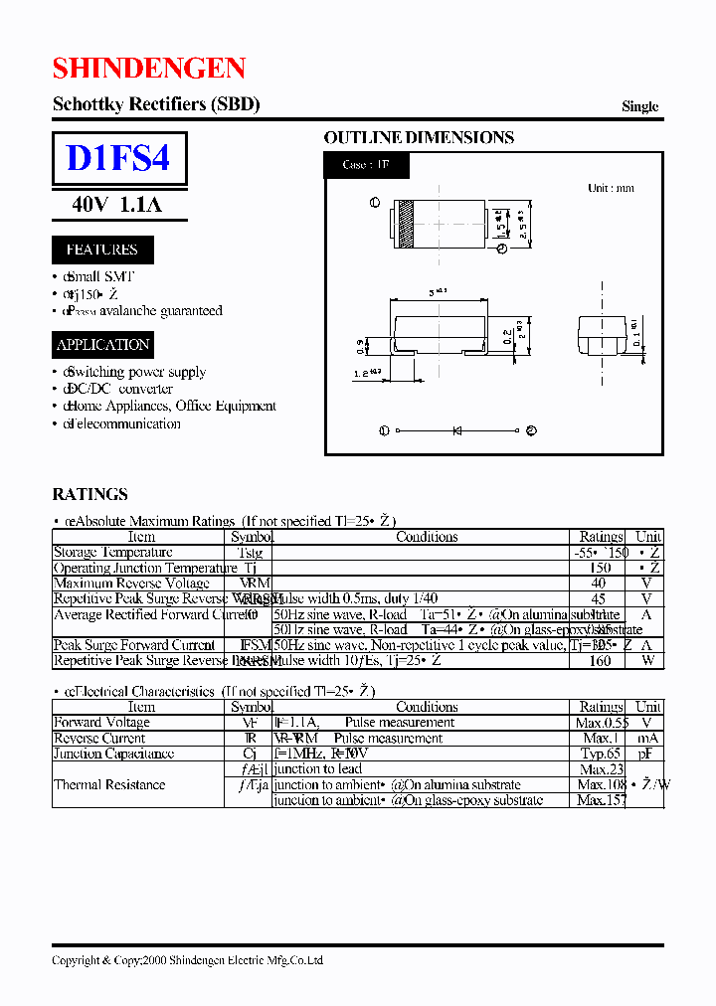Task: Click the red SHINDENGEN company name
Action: tap(148, 68)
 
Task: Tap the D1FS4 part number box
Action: tap(118, 159)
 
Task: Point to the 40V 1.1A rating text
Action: tap(116, 205)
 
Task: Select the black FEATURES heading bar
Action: tap(101, 250)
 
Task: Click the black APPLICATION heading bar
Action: tap(103, 345)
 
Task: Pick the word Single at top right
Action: tap(639, 106)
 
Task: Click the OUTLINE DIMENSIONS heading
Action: tap(419, 138)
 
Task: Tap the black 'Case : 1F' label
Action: tap(366, 165)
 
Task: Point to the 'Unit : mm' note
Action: tap(611, 188)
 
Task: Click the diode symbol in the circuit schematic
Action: tap(457, 430)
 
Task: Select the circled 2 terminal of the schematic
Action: tap(531, 430)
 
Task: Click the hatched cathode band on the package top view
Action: tap(405, 225)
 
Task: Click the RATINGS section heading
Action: tap(89, 494)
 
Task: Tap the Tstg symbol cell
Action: tap(251, 552)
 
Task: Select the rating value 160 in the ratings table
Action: tap(600, 660)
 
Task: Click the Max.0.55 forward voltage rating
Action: tap(601, 723)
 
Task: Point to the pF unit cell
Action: tap(648, 754)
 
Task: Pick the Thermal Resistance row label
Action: tap(109, 784)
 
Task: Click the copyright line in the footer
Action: tap(187, 960)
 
